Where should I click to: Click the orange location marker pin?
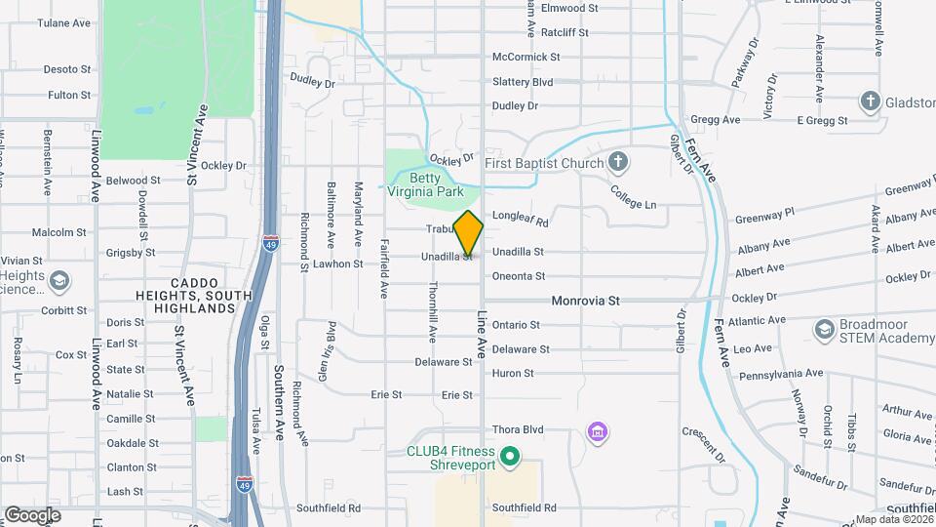tap(469, 233)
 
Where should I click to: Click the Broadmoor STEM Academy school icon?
tap(825, 329)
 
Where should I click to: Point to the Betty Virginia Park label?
tap(436, 185)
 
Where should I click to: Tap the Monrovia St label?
tap(585, 302)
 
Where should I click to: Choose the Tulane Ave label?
tap(63, 22)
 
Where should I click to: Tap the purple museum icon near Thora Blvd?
tap(598, 431)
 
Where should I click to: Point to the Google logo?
tap(32, 514)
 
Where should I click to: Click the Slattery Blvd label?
tap(523, 81)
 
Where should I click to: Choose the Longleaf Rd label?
tap(521, 222)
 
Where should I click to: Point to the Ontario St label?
tap(516, 325)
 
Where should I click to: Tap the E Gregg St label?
tap(822, 120)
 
